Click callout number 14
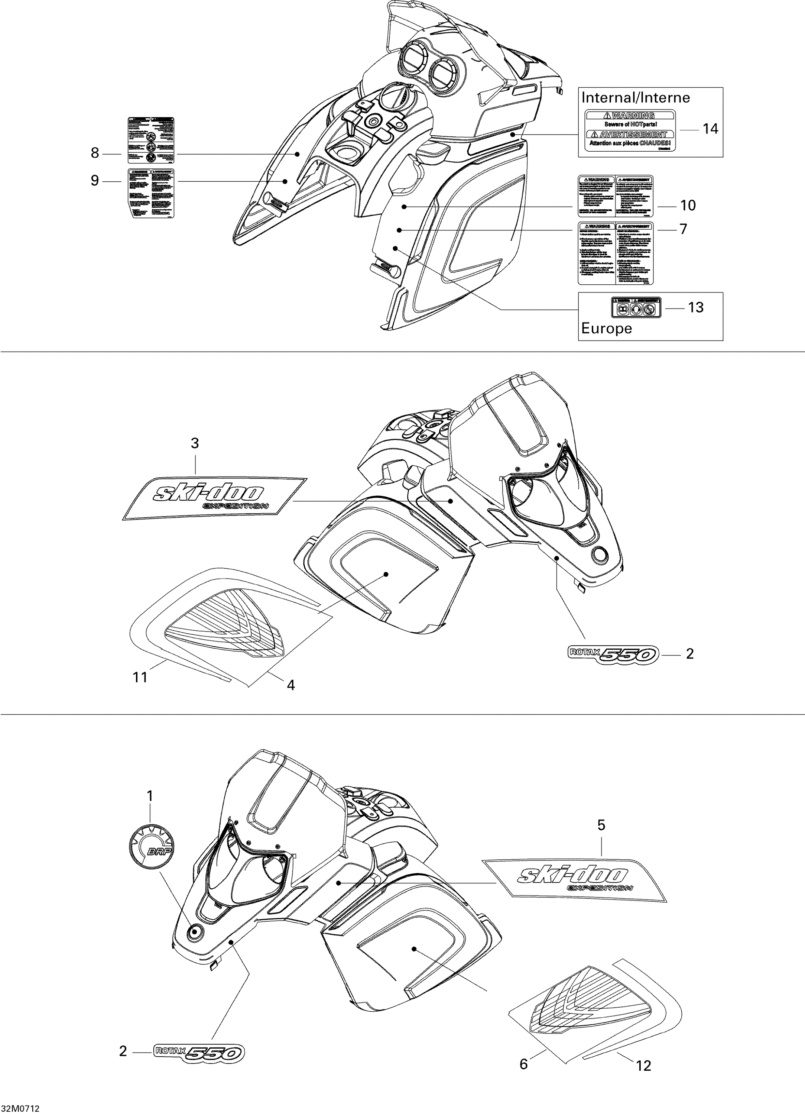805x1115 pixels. [x=710, y=129]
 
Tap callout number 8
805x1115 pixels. [x=95, y=153]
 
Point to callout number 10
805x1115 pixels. [x=688, y=206]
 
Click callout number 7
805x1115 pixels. [x=683, y=229]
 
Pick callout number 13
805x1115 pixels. [x=696, y=307]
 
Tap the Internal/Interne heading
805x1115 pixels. [x=636, y=97]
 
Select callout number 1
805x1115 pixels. [x=150, y=795]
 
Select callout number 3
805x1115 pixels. [x=195, y=443]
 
